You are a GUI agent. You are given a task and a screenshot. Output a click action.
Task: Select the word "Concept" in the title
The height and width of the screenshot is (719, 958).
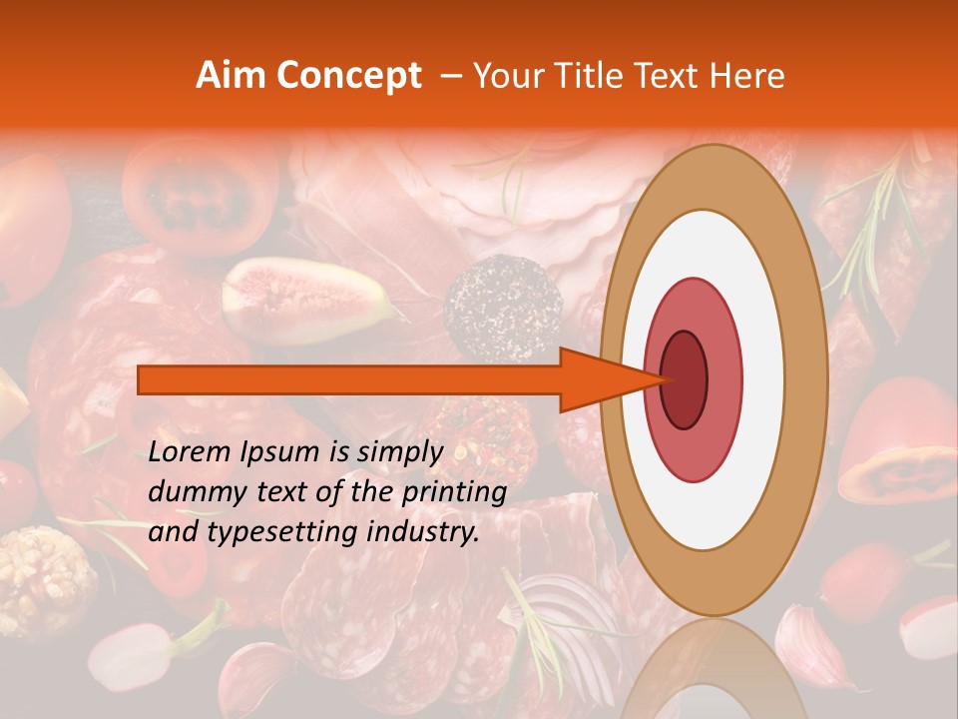(x=347, y=76)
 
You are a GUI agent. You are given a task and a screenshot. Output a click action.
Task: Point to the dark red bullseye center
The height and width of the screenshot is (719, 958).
(x=685, y=379)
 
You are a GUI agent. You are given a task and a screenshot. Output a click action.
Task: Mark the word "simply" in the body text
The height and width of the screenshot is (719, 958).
(x=398, y=452)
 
